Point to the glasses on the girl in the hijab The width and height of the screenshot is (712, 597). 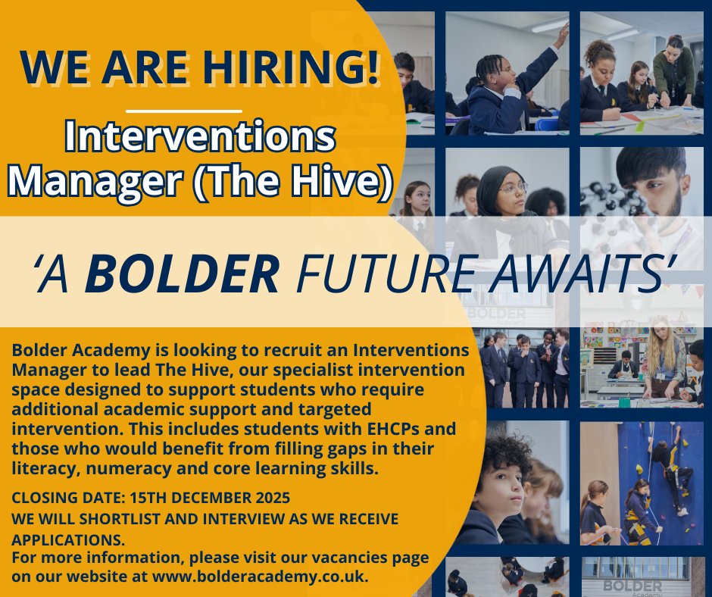513,187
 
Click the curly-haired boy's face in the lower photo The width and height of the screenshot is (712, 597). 504,485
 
